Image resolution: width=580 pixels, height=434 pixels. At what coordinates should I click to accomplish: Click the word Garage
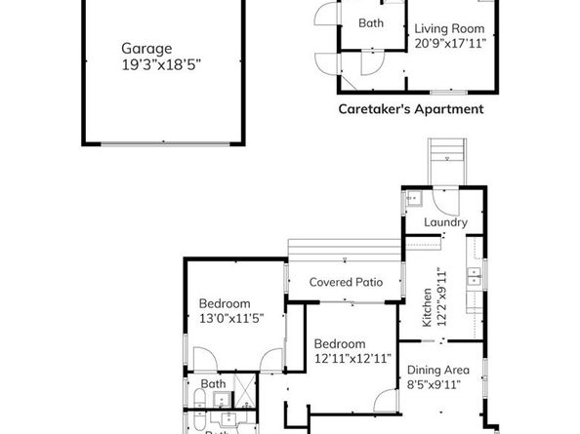[x=146, y=48]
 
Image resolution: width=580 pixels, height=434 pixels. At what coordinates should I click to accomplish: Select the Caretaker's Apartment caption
[x=411, y=110]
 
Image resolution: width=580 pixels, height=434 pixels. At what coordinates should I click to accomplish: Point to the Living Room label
[x=450, y=27]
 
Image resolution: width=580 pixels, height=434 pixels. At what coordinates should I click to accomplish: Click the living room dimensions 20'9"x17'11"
[x=450, y=43]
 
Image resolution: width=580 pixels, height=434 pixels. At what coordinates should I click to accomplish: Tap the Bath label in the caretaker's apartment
[x=370, y=23]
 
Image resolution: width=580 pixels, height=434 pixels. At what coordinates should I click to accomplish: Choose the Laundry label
[x=444, y=222]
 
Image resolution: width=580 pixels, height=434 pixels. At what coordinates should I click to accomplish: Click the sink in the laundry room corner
[x=412, y=201]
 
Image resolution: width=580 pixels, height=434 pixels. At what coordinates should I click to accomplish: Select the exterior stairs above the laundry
[x=445, y=156]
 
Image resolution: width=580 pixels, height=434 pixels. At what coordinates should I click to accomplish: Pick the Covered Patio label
[x=345, y=283]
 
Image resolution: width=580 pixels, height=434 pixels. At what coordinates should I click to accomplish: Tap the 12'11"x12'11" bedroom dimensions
[x=352, y=358]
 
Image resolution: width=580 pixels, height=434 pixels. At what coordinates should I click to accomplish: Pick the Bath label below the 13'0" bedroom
[x=214, y=384]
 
